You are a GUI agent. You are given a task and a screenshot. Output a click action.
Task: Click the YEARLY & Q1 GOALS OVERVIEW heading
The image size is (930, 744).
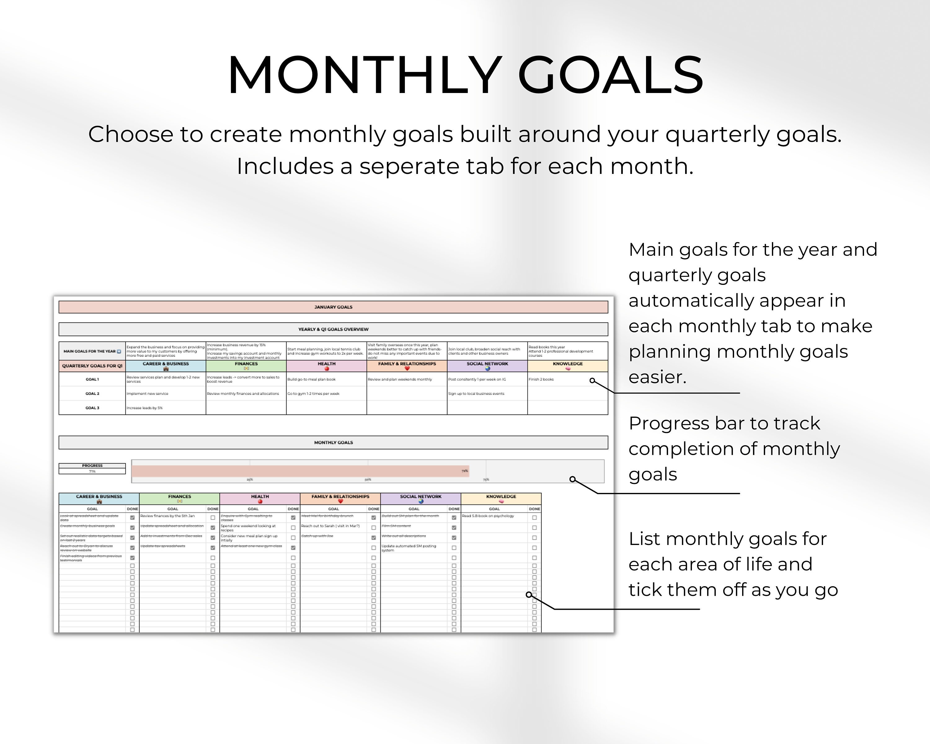pos(333,329)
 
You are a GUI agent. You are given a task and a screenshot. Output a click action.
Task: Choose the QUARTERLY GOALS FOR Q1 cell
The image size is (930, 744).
pos(92,366)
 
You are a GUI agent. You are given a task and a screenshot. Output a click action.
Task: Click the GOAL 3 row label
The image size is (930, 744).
pos(92,408)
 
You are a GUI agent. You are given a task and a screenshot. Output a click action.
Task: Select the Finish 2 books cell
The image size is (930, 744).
pos(541,379)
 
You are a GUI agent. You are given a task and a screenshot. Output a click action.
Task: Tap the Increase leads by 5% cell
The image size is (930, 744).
pos(144,408)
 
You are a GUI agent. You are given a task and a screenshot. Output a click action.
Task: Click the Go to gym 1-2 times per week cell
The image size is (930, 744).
pos(314,393)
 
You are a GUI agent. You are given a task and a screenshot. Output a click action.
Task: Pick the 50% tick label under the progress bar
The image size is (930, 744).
pos(368,480)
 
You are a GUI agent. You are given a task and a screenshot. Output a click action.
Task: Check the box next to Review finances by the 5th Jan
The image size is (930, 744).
pos(213,518)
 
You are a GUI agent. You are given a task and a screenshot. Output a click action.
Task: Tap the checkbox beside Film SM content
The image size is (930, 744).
pos(454,528)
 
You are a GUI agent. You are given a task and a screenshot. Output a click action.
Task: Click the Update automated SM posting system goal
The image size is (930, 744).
pos(409,548)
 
